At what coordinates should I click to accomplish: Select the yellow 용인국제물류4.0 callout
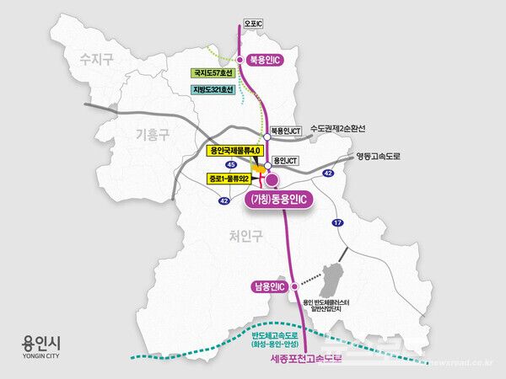[235, 150]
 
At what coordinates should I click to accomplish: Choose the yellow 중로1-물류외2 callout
[229, 179]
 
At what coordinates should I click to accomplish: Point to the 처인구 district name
[244, 238]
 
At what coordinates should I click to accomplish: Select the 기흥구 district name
[154, 134]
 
